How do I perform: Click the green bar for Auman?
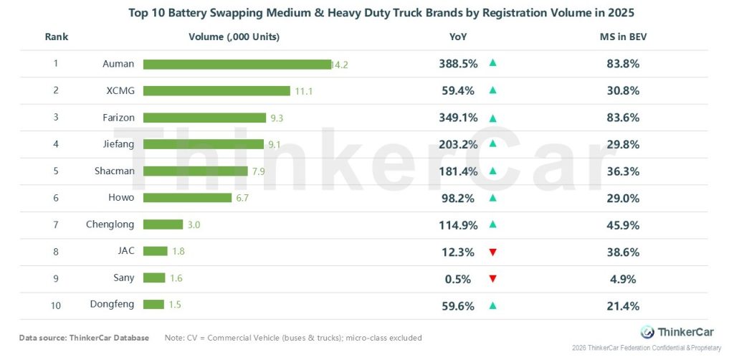coord(237,64)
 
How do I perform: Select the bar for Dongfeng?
coord(153,304)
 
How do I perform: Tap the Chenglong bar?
coord(163,224)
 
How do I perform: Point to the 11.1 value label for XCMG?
coord(303,91)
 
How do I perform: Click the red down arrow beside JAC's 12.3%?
coord(492,252)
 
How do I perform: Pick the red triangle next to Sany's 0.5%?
coord(492,278)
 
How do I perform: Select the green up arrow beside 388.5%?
coord(492,63)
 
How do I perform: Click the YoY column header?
coord(459,37)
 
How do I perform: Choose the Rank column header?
coord(56,37)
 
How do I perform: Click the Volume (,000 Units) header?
coord(234,37)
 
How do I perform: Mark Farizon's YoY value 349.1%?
coord(458,118)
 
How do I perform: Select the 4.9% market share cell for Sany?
coord(621,279)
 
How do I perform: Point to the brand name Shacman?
coord(114,171)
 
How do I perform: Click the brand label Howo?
coord(121,198)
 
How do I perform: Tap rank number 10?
coord(56,305)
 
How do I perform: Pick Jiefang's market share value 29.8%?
coord(621,144)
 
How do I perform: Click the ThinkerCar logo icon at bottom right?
coord(647,332)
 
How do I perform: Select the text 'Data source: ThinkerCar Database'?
coord(84,338)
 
